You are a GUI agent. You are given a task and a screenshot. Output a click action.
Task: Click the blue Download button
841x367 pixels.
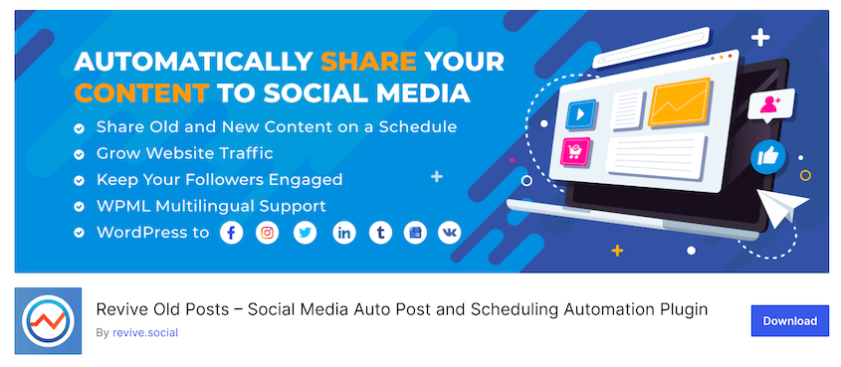pos(790,321)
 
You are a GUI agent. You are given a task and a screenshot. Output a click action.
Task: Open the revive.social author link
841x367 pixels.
pos(145,333)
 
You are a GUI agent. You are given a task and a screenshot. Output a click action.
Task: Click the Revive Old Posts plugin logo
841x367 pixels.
pos(49,321)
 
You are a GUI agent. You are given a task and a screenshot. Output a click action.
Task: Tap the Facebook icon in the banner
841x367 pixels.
pos(232,233)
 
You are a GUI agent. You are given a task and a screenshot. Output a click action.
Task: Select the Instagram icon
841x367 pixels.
pos(267,233)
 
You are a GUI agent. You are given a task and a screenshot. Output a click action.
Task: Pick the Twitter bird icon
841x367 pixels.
pos(306,233)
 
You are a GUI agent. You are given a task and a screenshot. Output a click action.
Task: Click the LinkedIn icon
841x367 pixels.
pos(343,233)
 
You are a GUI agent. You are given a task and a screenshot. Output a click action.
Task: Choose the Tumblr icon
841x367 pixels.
pos(380,233)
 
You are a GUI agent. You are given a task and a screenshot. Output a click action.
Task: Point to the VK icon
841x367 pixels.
pos(450,233)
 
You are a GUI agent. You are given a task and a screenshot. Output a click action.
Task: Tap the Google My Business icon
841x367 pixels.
pos(416,233)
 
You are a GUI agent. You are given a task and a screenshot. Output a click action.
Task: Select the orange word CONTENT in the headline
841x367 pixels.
pos(142,93)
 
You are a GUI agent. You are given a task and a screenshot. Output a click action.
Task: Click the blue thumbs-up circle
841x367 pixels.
pos(768,156)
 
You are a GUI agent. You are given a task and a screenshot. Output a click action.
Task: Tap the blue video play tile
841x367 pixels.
pos(581,114)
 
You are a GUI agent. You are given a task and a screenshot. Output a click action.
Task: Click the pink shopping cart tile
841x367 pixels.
pos(575,150)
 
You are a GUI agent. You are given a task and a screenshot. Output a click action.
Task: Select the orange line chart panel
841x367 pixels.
pos(680,101)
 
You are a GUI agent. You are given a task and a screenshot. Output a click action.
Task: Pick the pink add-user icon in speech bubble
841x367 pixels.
pos(770,104)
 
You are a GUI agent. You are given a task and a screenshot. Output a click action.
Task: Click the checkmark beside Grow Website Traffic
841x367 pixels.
pos(79,155)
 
